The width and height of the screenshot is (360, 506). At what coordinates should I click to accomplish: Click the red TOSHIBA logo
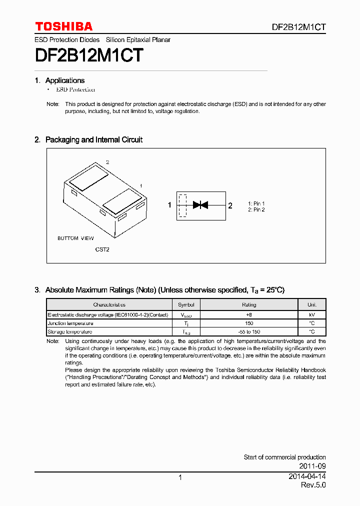[x=63, y=26]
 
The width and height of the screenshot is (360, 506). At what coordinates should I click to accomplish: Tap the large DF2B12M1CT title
[x=89, y=55]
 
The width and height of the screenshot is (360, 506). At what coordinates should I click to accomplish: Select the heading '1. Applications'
[x=59, y=80]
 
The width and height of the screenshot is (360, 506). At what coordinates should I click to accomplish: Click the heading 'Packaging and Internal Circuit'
[x=93, y=140]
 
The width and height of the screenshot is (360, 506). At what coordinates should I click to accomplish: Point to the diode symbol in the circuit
[x=200, y=204]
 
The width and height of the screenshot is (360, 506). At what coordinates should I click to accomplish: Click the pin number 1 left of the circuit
[x=169, y=205]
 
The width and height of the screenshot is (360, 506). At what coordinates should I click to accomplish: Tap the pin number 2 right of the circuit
[x=230, y=205]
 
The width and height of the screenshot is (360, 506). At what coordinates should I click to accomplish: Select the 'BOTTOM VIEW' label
[x=75, y=238]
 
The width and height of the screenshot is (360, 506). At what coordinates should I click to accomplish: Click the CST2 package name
[x=102, y=249]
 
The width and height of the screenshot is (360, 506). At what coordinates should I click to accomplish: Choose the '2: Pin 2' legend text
[x=256, y=209]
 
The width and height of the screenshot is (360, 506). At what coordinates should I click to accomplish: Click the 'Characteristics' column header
[x=109, y=304]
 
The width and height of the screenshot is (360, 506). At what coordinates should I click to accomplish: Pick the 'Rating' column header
[x=249, y=304]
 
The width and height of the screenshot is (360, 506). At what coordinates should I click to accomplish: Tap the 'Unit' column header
[x=311, y=304]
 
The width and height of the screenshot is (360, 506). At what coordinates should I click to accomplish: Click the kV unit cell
[x=311, y=315]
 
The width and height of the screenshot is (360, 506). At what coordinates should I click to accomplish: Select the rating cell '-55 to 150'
[x=249, y=331]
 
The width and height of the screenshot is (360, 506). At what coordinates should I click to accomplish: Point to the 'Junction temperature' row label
[x=70, y=323]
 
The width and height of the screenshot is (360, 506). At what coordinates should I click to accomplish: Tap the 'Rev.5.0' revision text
[x=313, y=485]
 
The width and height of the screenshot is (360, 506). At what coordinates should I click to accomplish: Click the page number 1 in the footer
[x=180, y=477]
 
